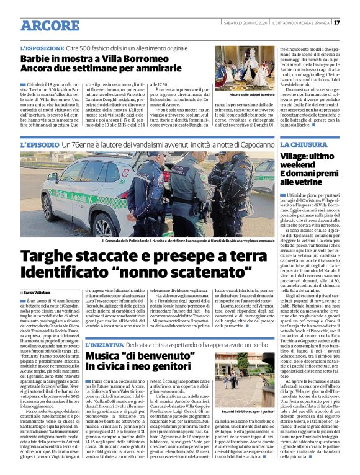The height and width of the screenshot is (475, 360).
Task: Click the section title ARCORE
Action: click(48, 25)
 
